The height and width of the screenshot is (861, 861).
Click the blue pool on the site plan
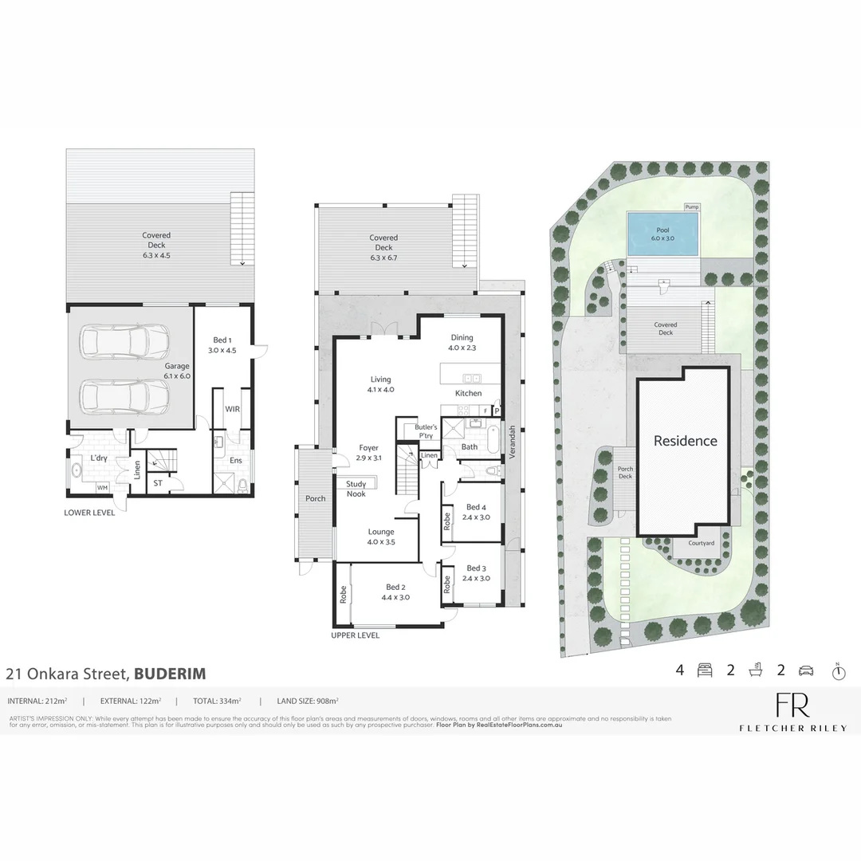pyautogui.click(x=662, y=234)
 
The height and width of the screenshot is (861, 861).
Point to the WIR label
pyautogui.click(x=233, y=409)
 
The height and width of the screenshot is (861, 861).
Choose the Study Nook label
pyautogui.click(x=356, y=489)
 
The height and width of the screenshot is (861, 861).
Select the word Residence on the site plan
pyautogui.click(x=686, y=441)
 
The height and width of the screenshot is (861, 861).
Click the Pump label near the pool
pyautogui.click(x=691, y=207)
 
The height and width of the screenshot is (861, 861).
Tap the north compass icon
pyautogui.click(x=838, y=672)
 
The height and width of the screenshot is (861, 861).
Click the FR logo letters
pyautogui.click(x=792, y=706)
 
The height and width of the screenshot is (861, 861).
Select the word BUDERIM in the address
pyautogui.click(x=170, y=674)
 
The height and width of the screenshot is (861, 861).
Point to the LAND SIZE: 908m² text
pyautogui.click(x=308, y=702)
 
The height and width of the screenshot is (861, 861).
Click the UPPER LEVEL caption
pyautogui.click(x=356, y=635)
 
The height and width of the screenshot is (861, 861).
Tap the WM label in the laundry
pyautogui.click(x=102, y=488)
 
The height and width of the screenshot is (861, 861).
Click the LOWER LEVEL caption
pyautogui.click(x=89, y=513)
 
